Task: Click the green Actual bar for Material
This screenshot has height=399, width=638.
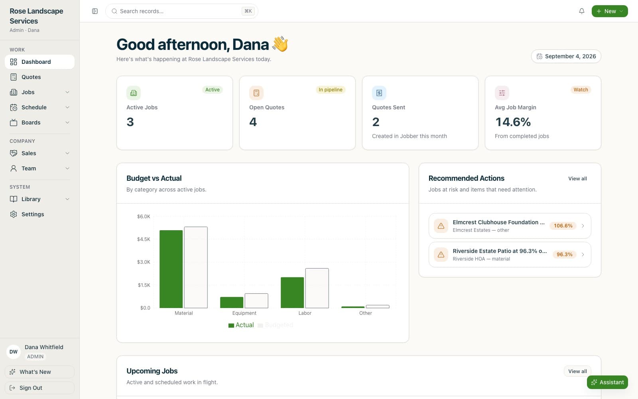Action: (x=171, y=269)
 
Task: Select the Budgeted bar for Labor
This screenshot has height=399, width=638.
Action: (x=317, y=288)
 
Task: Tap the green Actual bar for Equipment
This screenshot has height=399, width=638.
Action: (x=232, y=302)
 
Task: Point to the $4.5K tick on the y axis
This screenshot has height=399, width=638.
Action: (x=144, y=239)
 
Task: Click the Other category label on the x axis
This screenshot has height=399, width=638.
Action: (x=365, y=313)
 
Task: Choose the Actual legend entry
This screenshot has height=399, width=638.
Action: (x=241, y=325)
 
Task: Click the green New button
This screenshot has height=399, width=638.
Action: (x=610, y=11)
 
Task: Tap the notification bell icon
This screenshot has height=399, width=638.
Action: (x=582, y=11)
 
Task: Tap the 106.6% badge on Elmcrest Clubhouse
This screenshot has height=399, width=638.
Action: (x=563, y=226)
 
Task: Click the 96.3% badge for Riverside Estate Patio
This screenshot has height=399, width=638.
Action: (x=564, y=255)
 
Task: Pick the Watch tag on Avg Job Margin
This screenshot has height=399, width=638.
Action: (x=581, y=89)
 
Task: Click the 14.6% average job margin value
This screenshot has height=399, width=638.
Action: (x=513, y=122)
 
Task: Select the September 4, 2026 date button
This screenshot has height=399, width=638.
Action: (x=566, y=56)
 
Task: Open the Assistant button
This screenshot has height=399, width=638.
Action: (x=607, y=382)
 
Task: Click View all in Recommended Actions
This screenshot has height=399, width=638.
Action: (x=577, y=178)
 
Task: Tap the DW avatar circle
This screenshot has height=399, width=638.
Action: (x=14, y=352)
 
